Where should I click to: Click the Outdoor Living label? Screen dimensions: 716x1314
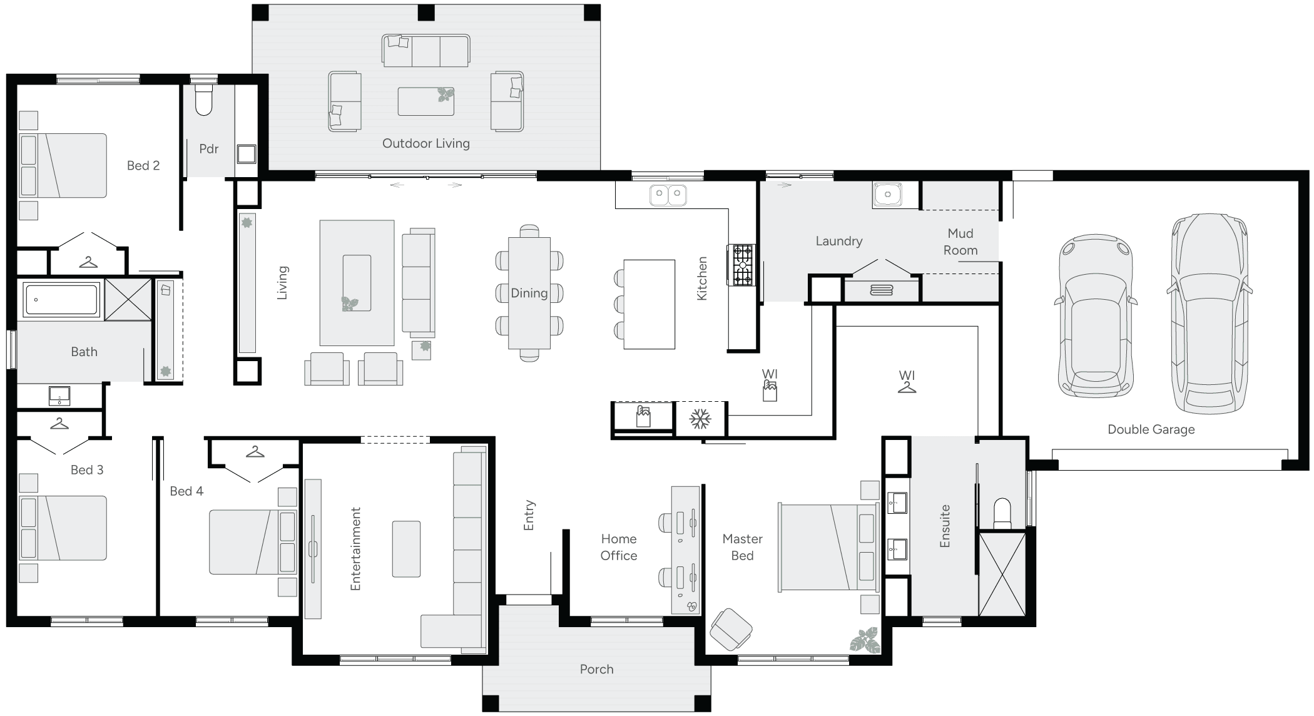tap(425, 143)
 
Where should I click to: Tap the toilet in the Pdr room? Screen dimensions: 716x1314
tap(204, 101)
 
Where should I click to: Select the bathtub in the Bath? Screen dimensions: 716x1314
tap(61, 300)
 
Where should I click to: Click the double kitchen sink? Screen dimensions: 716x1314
tap(668, 195)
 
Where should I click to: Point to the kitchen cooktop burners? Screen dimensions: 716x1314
tap(742, 265)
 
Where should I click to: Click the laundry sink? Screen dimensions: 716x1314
tap(887, 195)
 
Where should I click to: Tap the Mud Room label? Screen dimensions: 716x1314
tap(960, 242)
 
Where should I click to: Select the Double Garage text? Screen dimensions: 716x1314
tap(1151, 429)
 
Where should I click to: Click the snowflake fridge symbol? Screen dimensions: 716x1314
tap(700, 419)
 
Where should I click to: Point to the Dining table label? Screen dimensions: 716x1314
tap(529, 293)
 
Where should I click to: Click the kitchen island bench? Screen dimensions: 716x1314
tap(649, 304)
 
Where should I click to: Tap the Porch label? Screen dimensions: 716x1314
tap(596, 669)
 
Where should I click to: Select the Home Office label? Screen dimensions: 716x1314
tap(618, 547)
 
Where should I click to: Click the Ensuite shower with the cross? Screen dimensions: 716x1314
tap(1002, 573)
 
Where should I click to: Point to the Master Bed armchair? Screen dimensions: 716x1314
tap(730, 628)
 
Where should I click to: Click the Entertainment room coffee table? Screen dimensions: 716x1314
tap(406, 548)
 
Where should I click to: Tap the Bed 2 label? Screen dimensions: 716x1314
tap(143, 165)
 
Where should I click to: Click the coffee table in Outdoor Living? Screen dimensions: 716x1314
tap(425, 101)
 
